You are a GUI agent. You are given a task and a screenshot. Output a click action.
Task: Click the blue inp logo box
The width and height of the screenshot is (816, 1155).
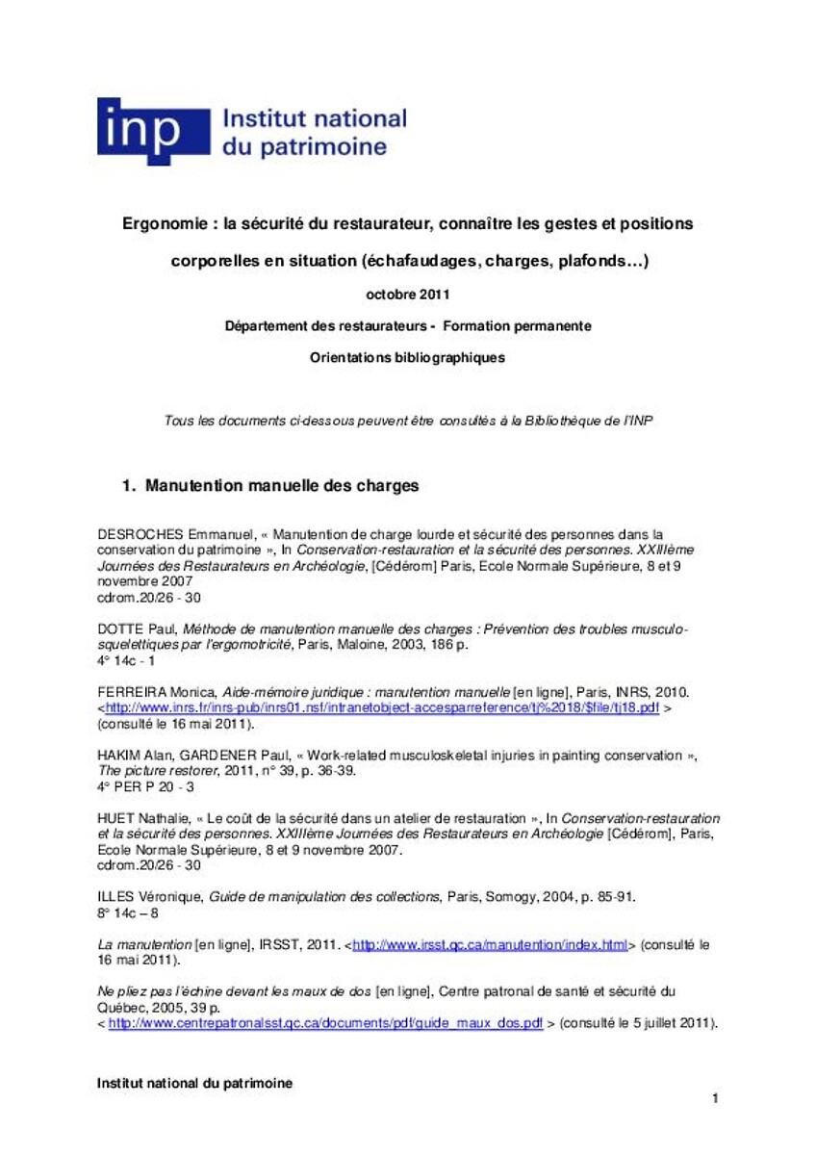tap(153, 131)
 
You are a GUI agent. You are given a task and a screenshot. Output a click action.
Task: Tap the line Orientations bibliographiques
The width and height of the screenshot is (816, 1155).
tap(407, 357)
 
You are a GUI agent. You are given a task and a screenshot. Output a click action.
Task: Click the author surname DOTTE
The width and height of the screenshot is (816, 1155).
tap(119, 629)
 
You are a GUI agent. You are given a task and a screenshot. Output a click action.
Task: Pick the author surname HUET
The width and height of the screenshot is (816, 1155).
tap(116, 819)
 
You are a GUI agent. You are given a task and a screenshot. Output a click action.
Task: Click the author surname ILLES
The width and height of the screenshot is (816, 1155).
tap(118, 897)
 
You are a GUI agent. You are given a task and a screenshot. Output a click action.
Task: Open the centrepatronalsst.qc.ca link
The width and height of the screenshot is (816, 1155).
tap(325, 1023)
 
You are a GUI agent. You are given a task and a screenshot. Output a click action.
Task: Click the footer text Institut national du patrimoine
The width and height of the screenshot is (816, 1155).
tap(194, 1083)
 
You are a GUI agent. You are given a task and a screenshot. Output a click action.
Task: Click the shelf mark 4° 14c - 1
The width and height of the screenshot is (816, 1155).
tap(126, 661)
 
